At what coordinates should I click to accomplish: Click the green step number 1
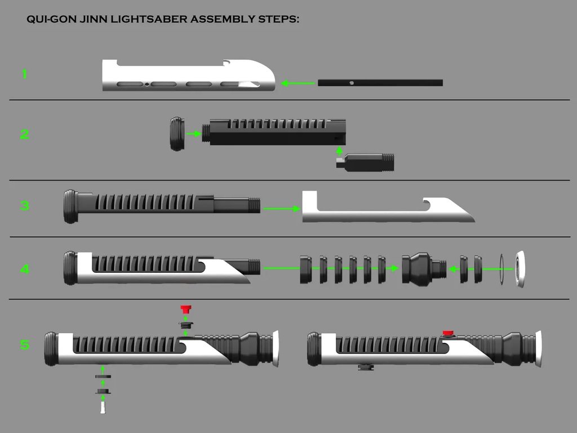24,74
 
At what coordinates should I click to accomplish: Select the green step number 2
24,134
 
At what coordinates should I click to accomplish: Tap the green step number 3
24,205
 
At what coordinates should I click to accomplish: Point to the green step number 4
24,269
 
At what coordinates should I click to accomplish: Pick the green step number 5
24,344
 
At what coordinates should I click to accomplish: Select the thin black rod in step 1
380,83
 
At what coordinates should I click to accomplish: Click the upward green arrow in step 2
339,151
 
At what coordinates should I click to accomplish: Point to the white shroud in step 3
383,213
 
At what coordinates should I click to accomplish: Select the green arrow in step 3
281,209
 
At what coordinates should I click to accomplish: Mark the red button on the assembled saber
449,333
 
